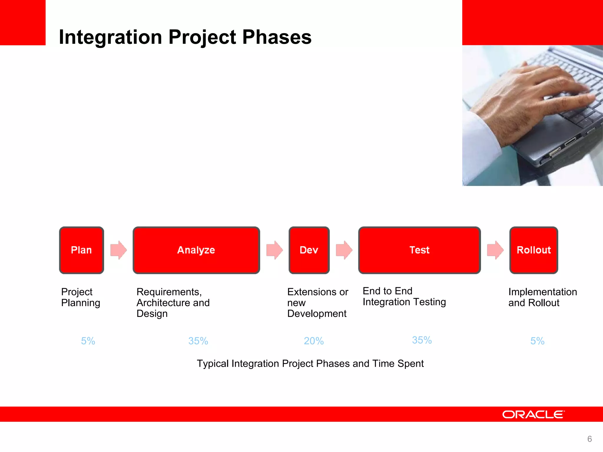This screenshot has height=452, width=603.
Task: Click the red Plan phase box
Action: [81, 250]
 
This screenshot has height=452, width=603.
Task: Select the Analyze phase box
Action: [196, 250]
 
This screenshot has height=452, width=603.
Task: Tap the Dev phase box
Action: [309, 250]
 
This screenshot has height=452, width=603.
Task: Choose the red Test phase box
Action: [419, 250]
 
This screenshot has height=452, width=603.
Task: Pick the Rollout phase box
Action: [534, 250]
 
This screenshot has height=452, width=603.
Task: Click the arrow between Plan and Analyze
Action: [118, 250]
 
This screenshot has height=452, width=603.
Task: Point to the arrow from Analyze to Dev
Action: [274, 250]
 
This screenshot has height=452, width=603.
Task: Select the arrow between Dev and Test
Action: [344, 250]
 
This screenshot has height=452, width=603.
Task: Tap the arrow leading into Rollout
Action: [495, 250]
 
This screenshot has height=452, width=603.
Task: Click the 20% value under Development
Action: [314, 341]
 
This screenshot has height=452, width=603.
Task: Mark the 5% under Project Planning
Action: [88, 341]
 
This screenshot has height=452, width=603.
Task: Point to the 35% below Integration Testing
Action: [422, 340]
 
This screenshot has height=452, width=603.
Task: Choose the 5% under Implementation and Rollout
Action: [537, 341]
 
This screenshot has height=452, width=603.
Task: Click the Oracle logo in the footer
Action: [533, 414]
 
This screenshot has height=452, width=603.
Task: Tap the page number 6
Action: [589, 439]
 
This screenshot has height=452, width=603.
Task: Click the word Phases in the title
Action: [277, 37]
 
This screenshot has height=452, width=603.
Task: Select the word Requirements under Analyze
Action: [169, 292]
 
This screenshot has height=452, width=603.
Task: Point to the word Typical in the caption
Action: [213, 364]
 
